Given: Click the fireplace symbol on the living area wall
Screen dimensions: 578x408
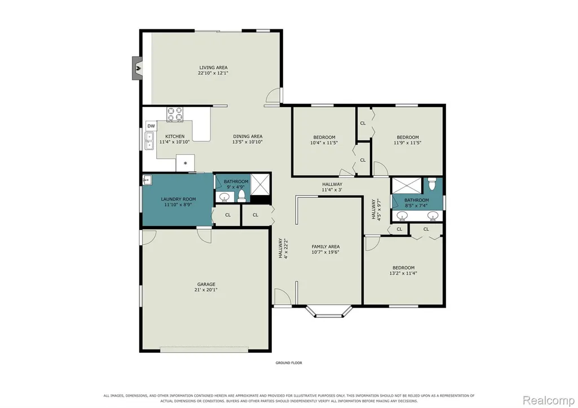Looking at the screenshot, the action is [138, 68].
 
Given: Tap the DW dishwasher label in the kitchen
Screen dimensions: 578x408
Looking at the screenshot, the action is [151, 126].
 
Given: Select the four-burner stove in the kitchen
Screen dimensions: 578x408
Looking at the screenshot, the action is [175, 114].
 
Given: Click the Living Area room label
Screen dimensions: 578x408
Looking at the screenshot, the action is [213, 68].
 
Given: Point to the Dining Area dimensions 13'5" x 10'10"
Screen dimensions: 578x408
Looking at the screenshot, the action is [248, 142].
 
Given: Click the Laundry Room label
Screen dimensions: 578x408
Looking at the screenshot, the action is [178, 199].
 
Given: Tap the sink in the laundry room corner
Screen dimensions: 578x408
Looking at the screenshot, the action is [147, 180].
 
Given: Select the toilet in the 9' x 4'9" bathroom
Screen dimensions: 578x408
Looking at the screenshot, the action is [242, 196].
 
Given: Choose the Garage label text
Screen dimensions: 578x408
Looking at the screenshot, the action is [206, 284].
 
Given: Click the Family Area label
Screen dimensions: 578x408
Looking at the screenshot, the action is [325, 247].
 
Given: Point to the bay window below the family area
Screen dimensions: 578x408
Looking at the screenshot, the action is [329, 311].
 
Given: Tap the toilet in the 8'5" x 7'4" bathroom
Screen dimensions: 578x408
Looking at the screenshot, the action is [432, 183].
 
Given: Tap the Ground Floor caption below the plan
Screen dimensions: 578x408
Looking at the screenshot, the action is [289, 363].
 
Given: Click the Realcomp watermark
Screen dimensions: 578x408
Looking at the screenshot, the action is [549, 400].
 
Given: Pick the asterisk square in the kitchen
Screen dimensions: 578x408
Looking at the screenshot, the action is [185, 163].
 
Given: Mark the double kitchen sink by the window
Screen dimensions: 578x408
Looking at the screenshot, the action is [149, 141].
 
